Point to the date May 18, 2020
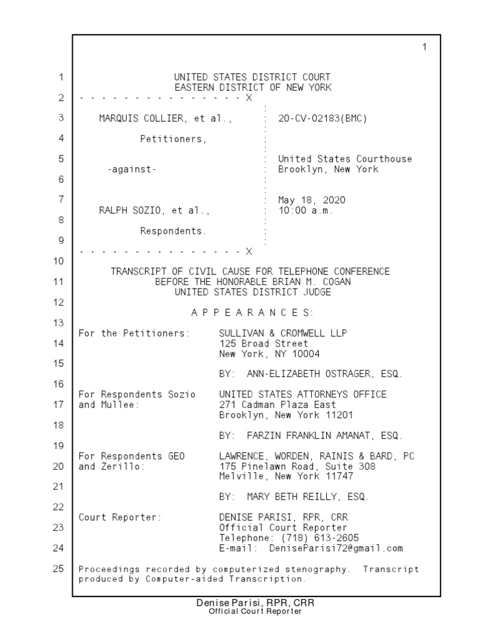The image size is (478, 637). click(311, 200)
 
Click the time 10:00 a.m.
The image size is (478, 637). click(306, 210)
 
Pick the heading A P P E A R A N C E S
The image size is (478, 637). click(252, 312)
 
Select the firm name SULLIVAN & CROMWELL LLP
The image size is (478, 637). click(283, 333)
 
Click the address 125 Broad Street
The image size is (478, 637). click(263, 343)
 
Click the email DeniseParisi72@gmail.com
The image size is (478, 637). click(336, 548)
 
